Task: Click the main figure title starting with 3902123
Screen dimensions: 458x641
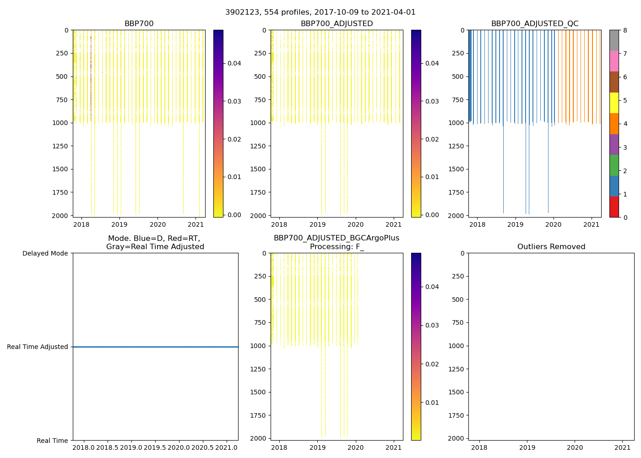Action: pos(320,12)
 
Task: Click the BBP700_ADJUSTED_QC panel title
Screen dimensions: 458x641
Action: pos(534,24)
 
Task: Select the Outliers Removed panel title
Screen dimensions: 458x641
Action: pos(551,247)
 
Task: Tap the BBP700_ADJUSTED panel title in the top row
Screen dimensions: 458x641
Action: pos(337,24)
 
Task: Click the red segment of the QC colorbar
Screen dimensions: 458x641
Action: pos(614,207)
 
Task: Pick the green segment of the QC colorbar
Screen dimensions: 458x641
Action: pos(614,165)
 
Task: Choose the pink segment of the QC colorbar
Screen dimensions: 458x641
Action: pos(614,61)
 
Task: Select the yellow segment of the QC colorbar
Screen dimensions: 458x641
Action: pos(614,103)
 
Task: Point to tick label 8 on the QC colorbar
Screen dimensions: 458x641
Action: pos(625,31)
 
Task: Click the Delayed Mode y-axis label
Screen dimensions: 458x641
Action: pos(45,254)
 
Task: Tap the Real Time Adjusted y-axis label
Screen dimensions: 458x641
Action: pos(38,347)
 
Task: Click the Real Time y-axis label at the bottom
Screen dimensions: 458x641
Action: pos(52,441)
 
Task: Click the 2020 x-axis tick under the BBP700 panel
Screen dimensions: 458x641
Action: pos(158,224)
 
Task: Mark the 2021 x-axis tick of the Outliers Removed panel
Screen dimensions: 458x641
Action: pos(623,447)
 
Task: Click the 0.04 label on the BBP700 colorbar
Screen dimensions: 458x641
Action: pos(234,63)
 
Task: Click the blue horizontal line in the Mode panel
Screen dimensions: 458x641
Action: pos(155,347)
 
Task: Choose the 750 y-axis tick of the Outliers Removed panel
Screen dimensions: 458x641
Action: pos(458,322)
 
